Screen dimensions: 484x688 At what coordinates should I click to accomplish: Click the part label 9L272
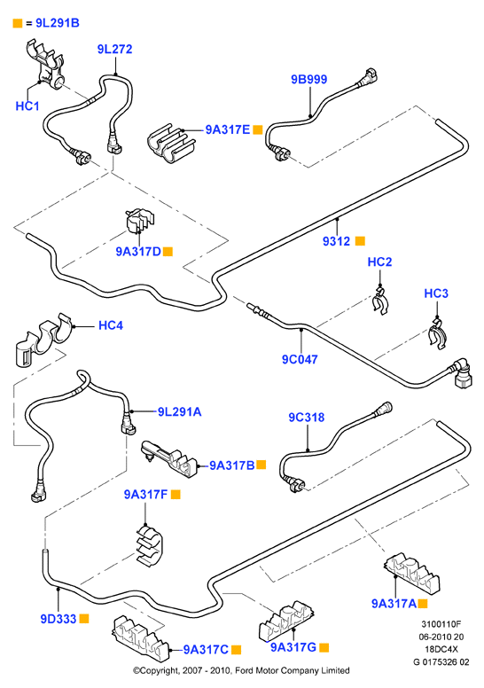[x=114, y=49]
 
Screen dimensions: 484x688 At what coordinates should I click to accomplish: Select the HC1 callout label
[x=27, y=106]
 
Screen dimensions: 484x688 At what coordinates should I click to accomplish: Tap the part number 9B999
[x=309, y=80]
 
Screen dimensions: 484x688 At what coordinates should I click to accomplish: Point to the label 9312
[x=337, y=241]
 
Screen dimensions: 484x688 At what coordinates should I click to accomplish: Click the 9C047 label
[x=300, y=359]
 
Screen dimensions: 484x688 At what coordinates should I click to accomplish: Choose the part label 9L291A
[x=179, y=412]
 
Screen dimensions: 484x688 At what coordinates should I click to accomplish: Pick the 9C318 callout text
[x=307, y=418]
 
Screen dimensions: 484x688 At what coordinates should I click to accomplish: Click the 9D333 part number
[x=59, y=619]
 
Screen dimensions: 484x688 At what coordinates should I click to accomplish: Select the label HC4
[x=111, y=325]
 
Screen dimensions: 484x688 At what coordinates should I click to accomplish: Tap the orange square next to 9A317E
[x=258, y=129]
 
